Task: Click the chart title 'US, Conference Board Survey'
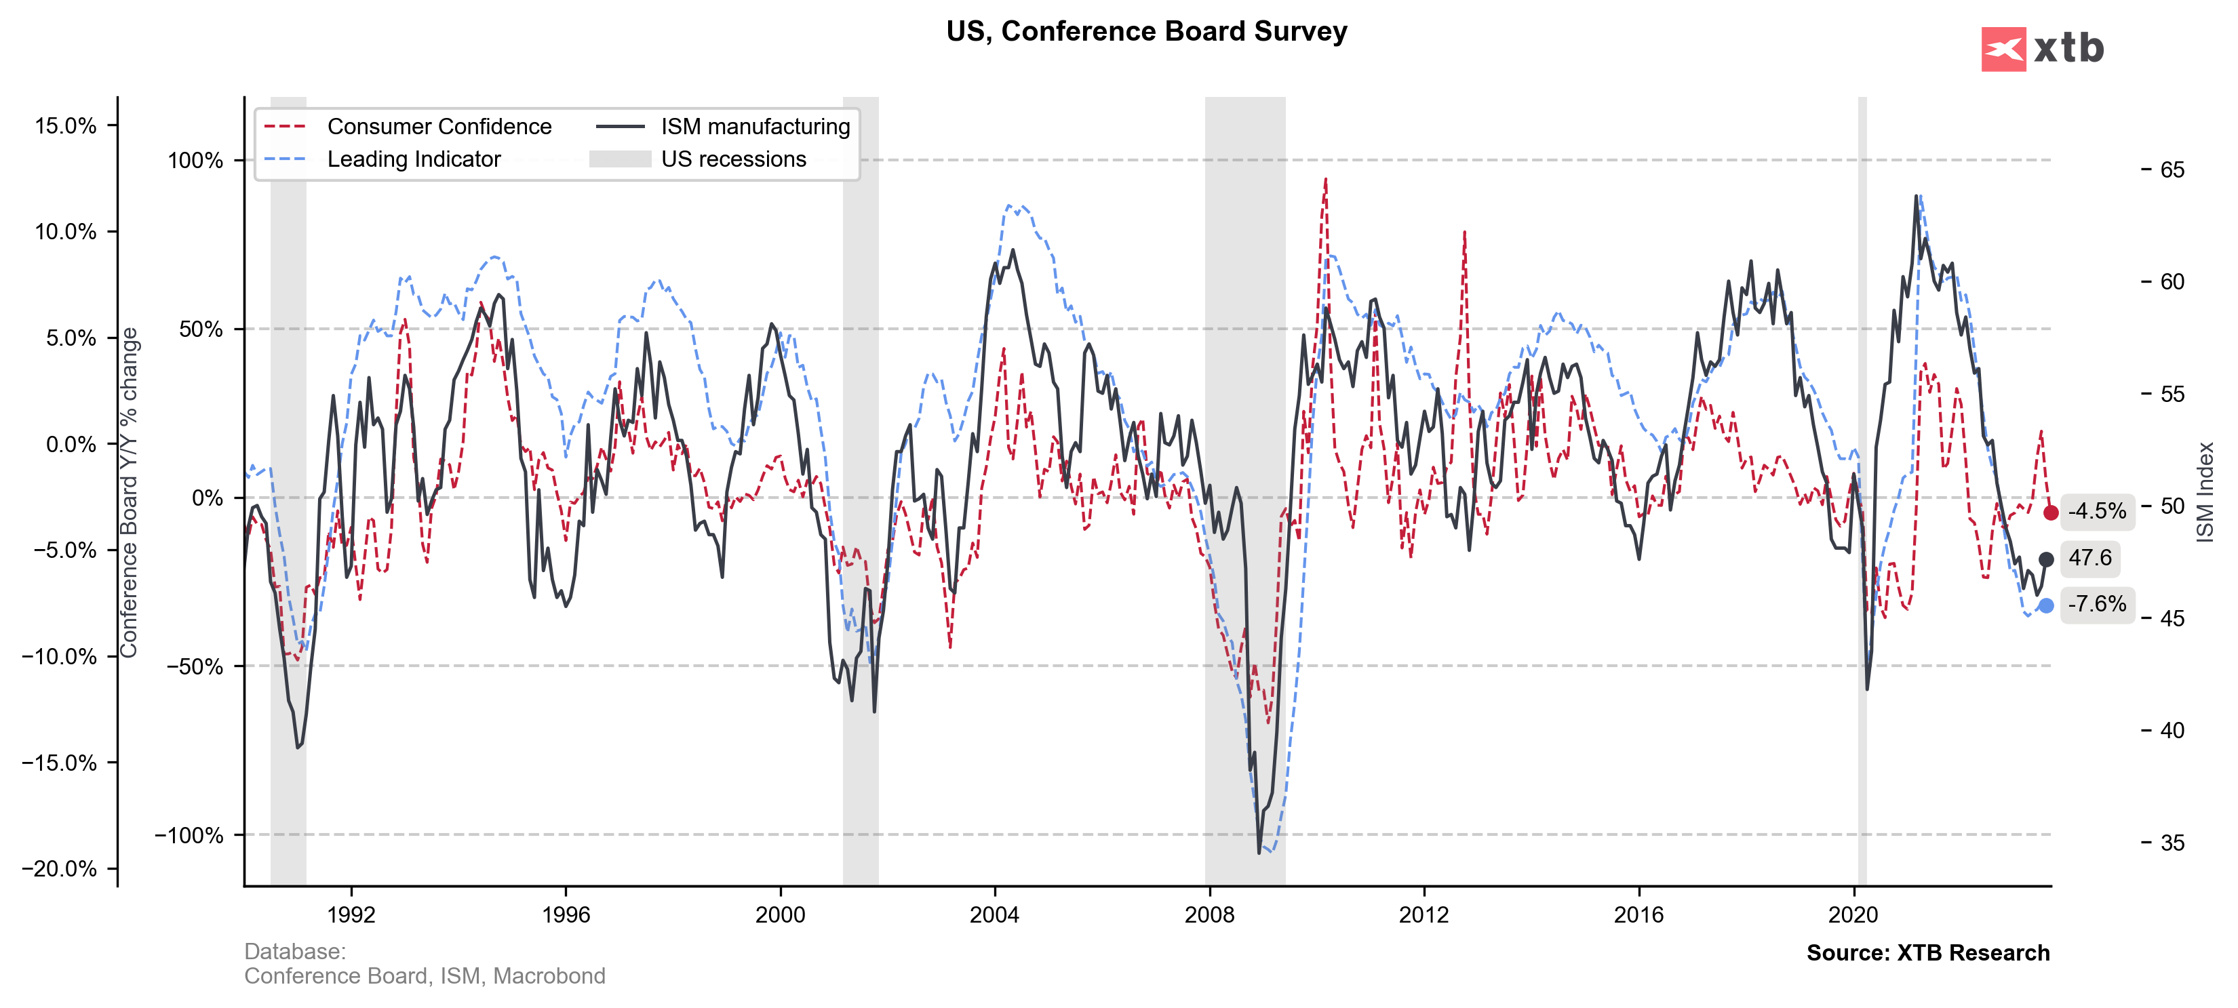click(x=1146, y=31)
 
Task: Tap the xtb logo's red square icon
click(x=2003, y=49)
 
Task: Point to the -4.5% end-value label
click(x=2096, y=511)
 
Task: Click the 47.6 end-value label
click(x=2089, y=559)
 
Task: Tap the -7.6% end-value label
click(x=2096, y=604)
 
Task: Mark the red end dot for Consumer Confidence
click(x=2050, y=513)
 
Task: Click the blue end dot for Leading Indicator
click(x=2046, y=606)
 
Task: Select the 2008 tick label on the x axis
click(x=1209, y=914)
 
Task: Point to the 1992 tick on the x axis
click(x=351, y=914)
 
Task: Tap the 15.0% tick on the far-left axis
click(x=65, y=126)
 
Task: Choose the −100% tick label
click(x=189, y=835)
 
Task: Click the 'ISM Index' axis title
click(x=2205, y=492)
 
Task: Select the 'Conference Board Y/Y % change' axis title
click(x=129, y=492)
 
